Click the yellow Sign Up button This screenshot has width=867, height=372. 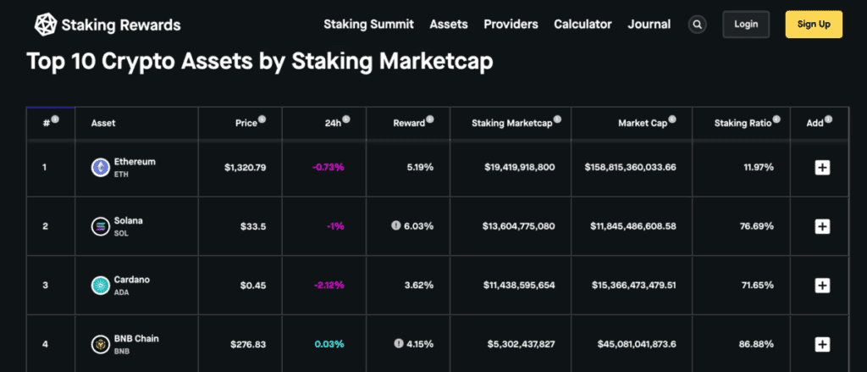(x=814, y=25)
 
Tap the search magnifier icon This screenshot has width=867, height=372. (x=697, y=25)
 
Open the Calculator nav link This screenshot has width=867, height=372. (x=583, y=25)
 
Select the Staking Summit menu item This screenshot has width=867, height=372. (x=368, y=25)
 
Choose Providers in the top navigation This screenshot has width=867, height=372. (x=511, y=25)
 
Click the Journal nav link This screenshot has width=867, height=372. (x=649, y=25)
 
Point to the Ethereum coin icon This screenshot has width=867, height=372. (x=101, y=167)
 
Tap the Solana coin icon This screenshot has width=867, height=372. (x=101, y=226)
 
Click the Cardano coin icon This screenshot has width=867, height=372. (x=101, y=285)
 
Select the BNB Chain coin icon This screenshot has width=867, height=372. (x=101, y=343)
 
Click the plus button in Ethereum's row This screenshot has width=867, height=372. (x=821, y=168)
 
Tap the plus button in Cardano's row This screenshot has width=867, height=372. (x=821, y=285)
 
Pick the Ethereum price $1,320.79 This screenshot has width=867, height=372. (x=245, y=168)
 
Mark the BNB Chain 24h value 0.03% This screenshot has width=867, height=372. (x=329, y=343)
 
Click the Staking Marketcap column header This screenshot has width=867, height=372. (x=511, y=123)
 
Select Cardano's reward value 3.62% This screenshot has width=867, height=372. (x=418, y=285)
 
